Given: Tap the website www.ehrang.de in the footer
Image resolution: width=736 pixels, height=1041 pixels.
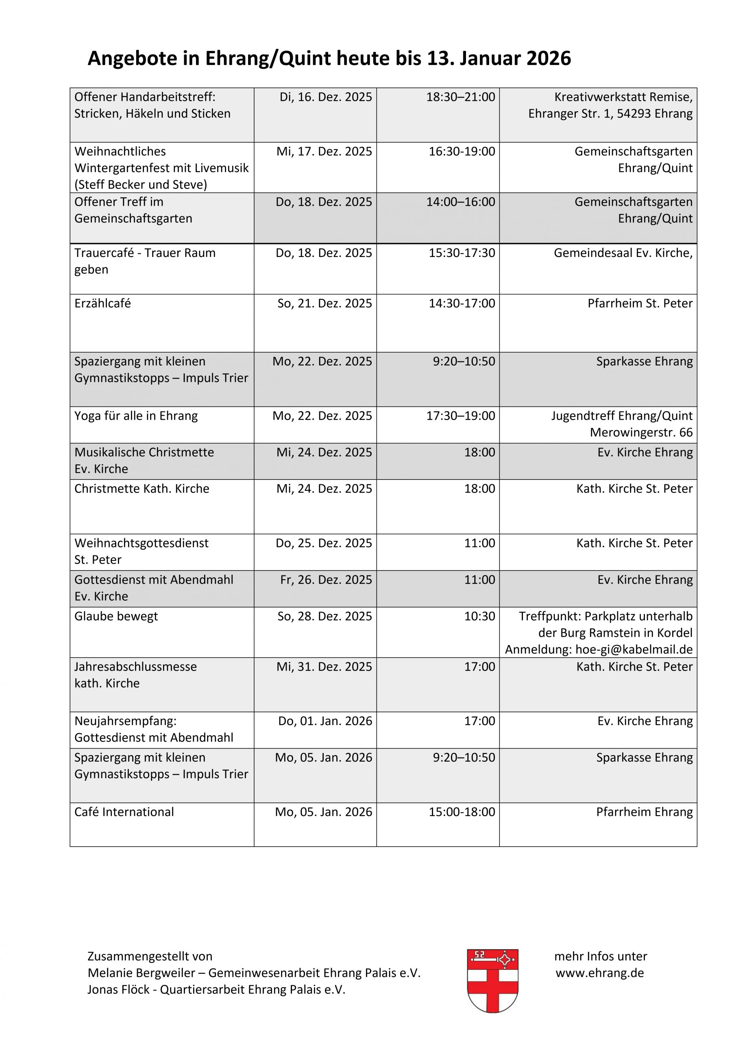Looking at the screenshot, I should click(x=599, y=973).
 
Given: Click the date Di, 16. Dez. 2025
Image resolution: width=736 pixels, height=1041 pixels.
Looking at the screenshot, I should click(x=326, y=97).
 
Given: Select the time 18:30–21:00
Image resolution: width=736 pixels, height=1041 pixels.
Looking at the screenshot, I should click(x=460, y=97).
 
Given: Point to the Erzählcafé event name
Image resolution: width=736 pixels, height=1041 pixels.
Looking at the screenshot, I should click(x=102, y=303).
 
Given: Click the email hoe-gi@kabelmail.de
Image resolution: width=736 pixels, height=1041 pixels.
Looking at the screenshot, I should click(x=634, y=649).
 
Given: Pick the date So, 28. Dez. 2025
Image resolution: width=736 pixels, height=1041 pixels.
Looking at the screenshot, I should click(x=324, y=616).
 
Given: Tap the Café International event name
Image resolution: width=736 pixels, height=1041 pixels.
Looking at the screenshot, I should click(x=124, y=812).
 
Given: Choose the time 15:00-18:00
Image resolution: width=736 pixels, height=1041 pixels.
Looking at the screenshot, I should click(x=462, y=812).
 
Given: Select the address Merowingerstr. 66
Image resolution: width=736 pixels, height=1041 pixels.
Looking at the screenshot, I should click(x=641, y=433).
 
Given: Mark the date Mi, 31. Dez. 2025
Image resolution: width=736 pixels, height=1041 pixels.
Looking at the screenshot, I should click(x=324, y=666).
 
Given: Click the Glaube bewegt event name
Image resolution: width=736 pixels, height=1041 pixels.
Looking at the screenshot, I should click(x=116, y=616).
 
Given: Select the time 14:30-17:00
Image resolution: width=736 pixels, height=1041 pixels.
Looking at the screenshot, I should click(x=462, y=303).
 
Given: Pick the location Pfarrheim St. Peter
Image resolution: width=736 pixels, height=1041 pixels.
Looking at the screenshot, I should click(x=640, y=303).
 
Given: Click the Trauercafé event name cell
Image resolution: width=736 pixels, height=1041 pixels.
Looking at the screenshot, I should click(x=145, y=261).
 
